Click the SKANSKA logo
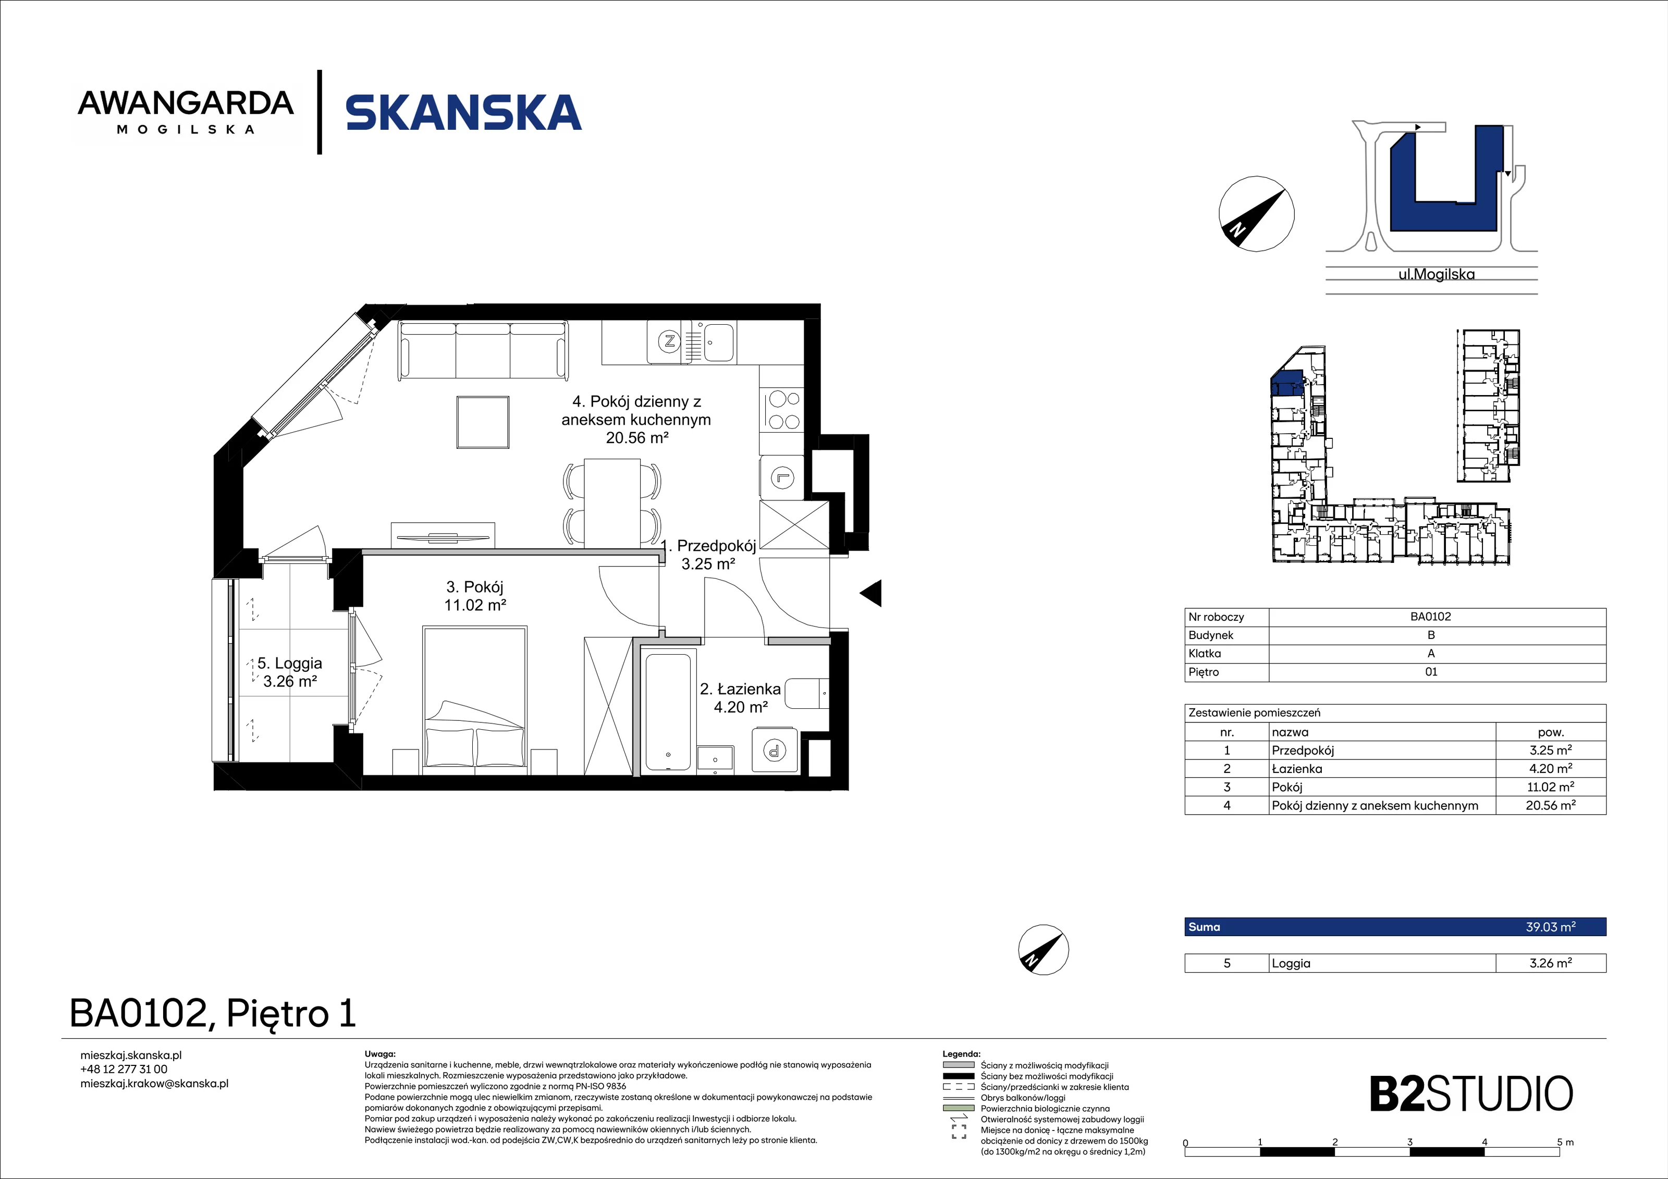(463, 113)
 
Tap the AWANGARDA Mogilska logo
(186, 112)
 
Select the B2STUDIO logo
(1471, 1095)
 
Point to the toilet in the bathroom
(806, 694)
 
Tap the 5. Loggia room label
(289, 663)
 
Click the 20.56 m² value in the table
(1550, 805)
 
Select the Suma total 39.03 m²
(1550, 927)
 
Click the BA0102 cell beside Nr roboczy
(1430, 617)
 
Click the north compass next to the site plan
(1256, 214)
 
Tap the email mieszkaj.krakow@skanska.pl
(155, 1083)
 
